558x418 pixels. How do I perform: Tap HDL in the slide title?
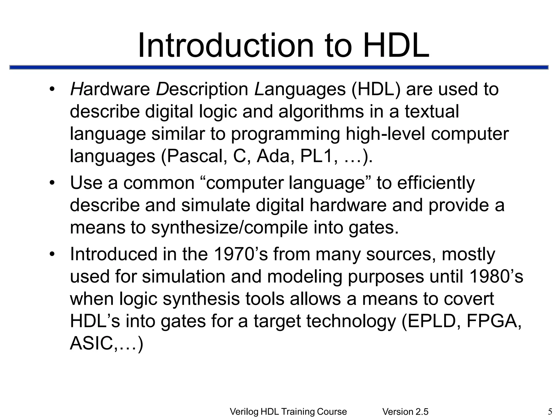[x=396, y=46]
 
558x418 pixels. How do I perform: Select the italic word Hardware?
[x=110, y=89]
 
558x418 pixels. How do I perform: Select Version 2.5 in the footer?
[x=405, y=412]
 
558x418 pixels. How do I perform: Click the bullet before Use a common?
[x=52, y=183]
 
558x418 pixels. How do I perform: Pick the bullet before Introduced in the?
[x=52, y=254]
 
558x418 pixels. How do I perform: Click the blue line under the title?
[x=279, y=67]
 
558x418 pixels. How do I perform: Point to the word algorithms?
[x=321, y=112]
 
